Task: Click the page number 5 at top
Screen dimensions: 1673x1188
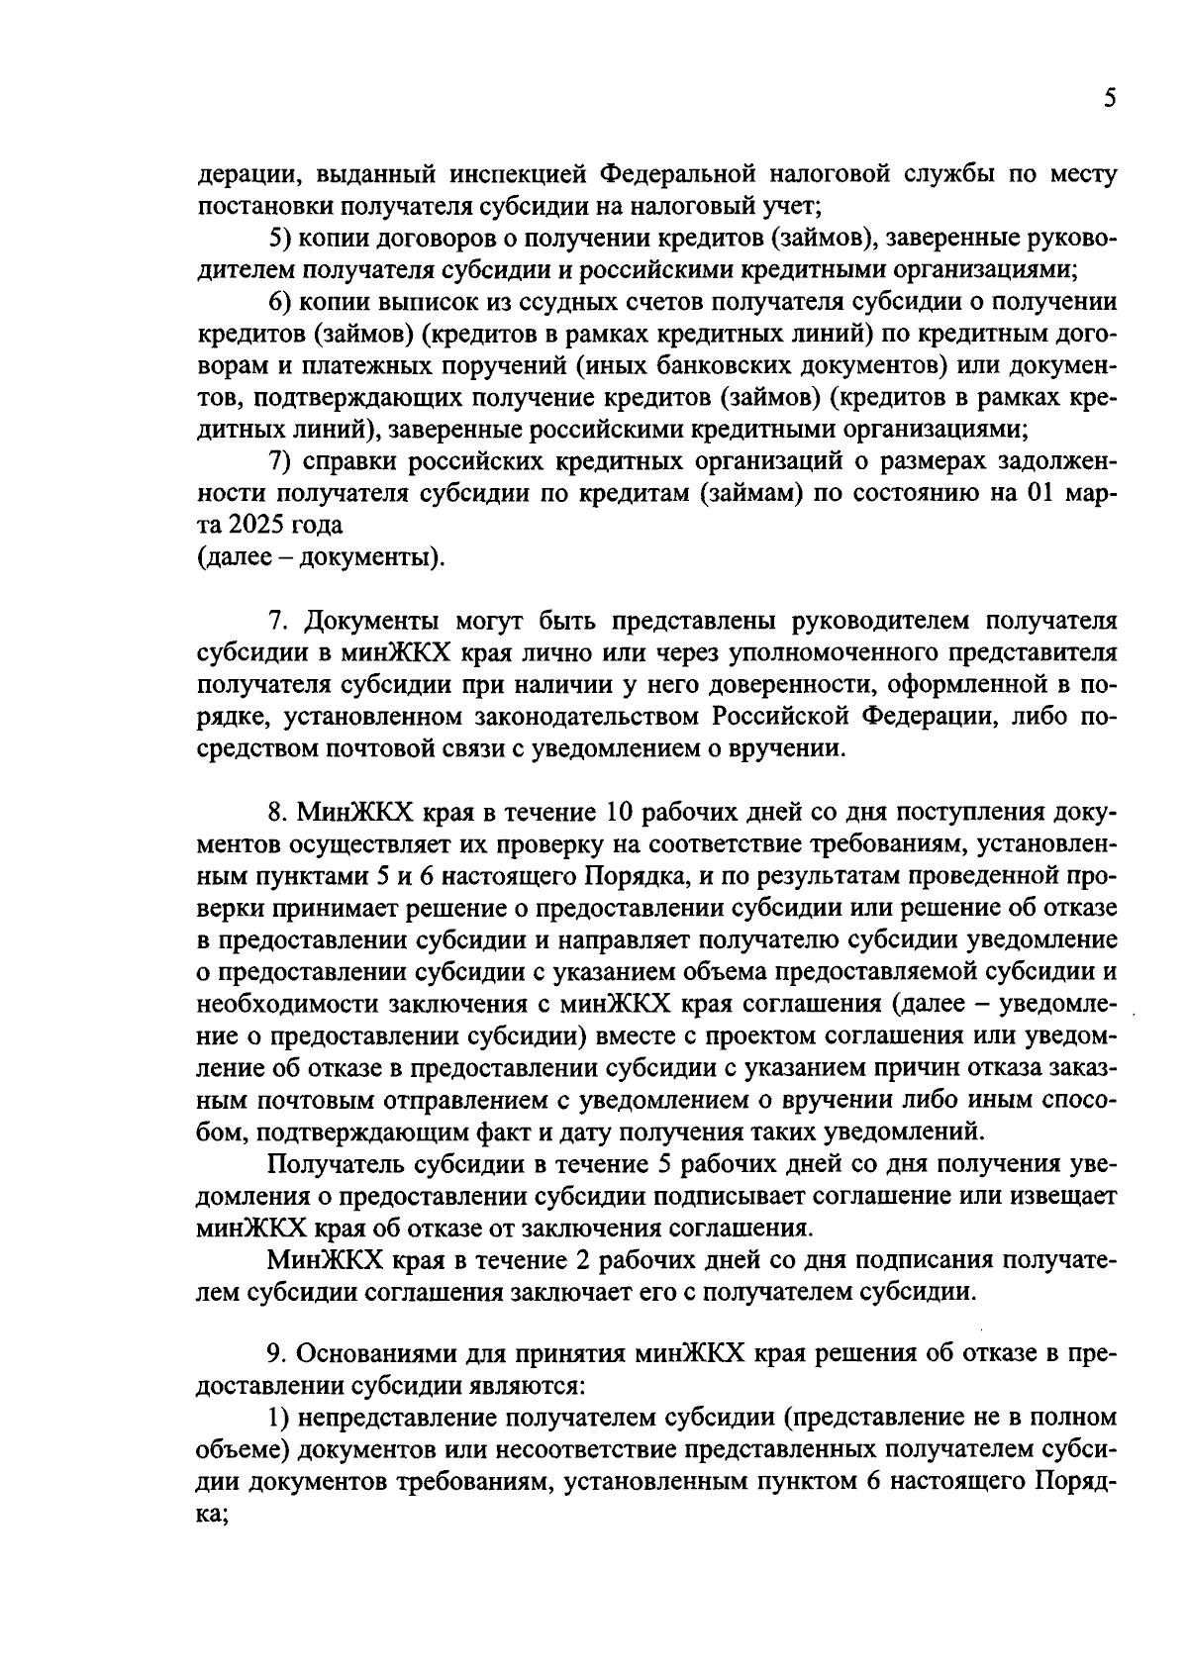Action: [x=1109, y=99]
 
